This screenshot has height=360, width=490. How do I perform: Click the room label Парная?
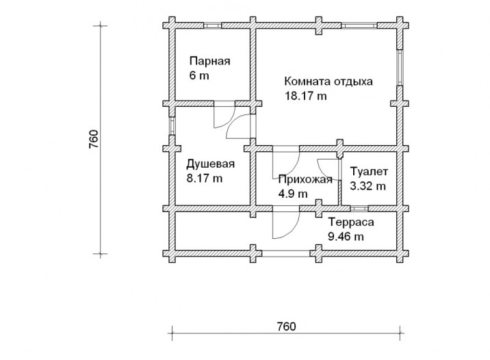[209, 61]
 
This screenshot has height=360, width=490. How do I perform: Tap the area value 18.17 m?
[306, 96]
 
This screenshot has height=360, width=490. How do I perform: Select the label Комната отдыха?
[328, 81]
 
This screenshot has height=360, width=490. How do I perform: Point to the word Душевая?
[210, 164]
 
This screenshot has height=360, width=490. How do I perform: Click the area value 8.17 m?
[205, 179]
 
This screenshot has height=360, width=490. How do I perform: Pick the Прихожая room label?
[305, 180]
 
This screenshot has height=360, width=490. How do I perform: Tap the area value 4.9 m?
[293, 194]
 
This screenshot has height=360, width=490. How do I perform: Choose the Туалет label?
[369, 172]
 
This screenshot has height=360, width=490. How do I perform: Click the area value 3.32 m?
[367, 186]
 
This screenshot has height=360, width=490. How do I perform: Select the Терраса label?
[351, 222]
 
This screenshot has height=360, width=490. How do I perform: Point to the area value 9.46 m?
[346, 237]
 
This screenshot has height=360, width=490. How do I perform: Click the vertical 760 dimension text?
[94, 139]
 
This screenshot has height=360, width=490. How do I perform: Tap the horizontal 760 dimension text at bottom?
[286, 326]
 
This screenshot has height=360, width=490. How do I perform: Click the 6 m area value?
[199, 75]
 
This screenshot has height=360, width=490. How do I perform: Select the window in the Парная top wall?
[213, 25]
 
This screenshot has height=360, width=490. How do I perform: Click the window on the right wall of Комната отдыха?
[400, 68]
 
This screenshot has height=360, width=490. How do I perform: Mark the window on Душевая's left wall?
[172, 126]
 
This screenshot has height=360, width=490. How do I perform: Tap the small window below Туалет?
[359, 209]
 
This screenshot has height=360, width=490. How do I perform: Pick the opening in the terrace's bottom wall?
[285, 253]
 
